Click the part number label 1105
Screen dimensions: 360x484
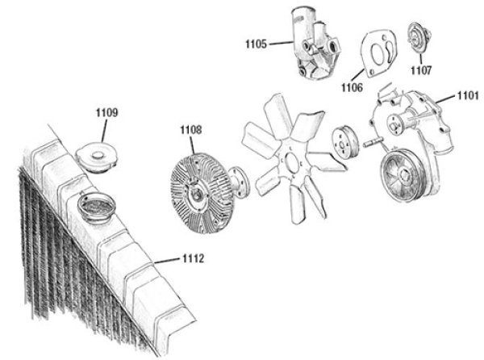pos(256,43)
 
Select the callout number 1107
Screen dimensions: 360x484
pos(420,71)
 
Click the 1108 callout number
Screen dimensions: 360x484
pos(191,129)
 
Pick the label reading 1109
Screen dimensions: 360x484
pos(106,112)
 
